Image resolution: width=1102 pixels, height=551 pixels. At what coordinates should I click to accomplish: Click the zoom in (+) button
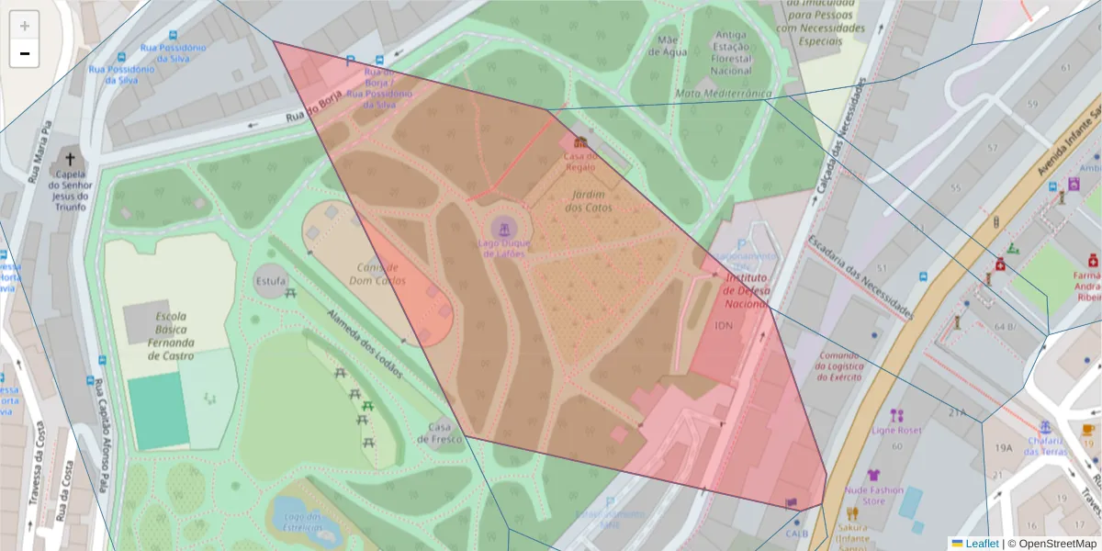click(x=25, y=26)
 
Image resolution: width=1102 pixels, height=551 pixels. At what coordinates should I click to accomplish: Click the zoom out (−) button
click(x=25, y=53)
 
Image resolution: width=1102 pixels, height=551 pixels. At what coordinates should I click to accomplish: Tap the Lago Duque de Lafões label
click(x=500, y=249)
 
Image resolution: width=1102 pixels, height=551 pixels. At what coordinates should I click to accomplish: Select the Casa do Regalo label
click(x=579, y=162)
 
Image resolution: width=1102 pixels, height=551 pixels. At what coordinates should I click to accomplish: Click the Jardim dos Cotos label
click(x=589, y=201)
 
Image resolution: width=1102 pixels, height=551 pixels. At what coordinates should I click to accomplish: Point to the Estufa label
click(x=270, y=280)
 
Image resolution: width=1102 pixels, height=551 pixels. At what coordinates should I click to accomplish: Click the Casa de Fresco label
click(x=439, y=433)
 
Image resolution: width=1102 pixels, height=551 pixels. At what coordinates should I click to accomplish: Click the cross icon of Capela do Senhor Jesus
click(x=70, y=159)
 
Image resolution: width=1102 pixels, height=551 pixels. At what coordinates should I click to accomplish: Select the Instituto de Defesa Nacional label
click(x=746, y=289)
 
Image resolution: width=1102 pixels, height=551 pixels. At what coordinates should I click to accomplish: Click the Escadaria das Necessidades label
click(x=860, y=277)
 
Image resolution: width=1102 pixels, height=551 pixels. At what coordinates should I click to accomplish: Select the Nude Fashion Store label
click(x=873, y=496)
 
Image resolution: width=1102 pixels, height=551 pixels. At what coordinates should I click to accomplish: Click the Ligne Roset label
click(x=896, y=429)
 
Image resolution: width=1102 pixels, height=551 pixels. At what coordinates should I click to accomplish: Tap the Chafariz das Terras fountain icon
click(x=1045, y=427)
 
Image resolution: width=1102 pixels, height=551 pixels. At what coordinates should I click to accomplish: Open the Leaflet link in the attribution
click(x=982, y=544)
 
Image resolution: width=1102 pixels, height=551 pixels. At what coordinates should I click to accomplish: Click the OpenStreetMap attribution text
click(x=1057, y=544)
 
